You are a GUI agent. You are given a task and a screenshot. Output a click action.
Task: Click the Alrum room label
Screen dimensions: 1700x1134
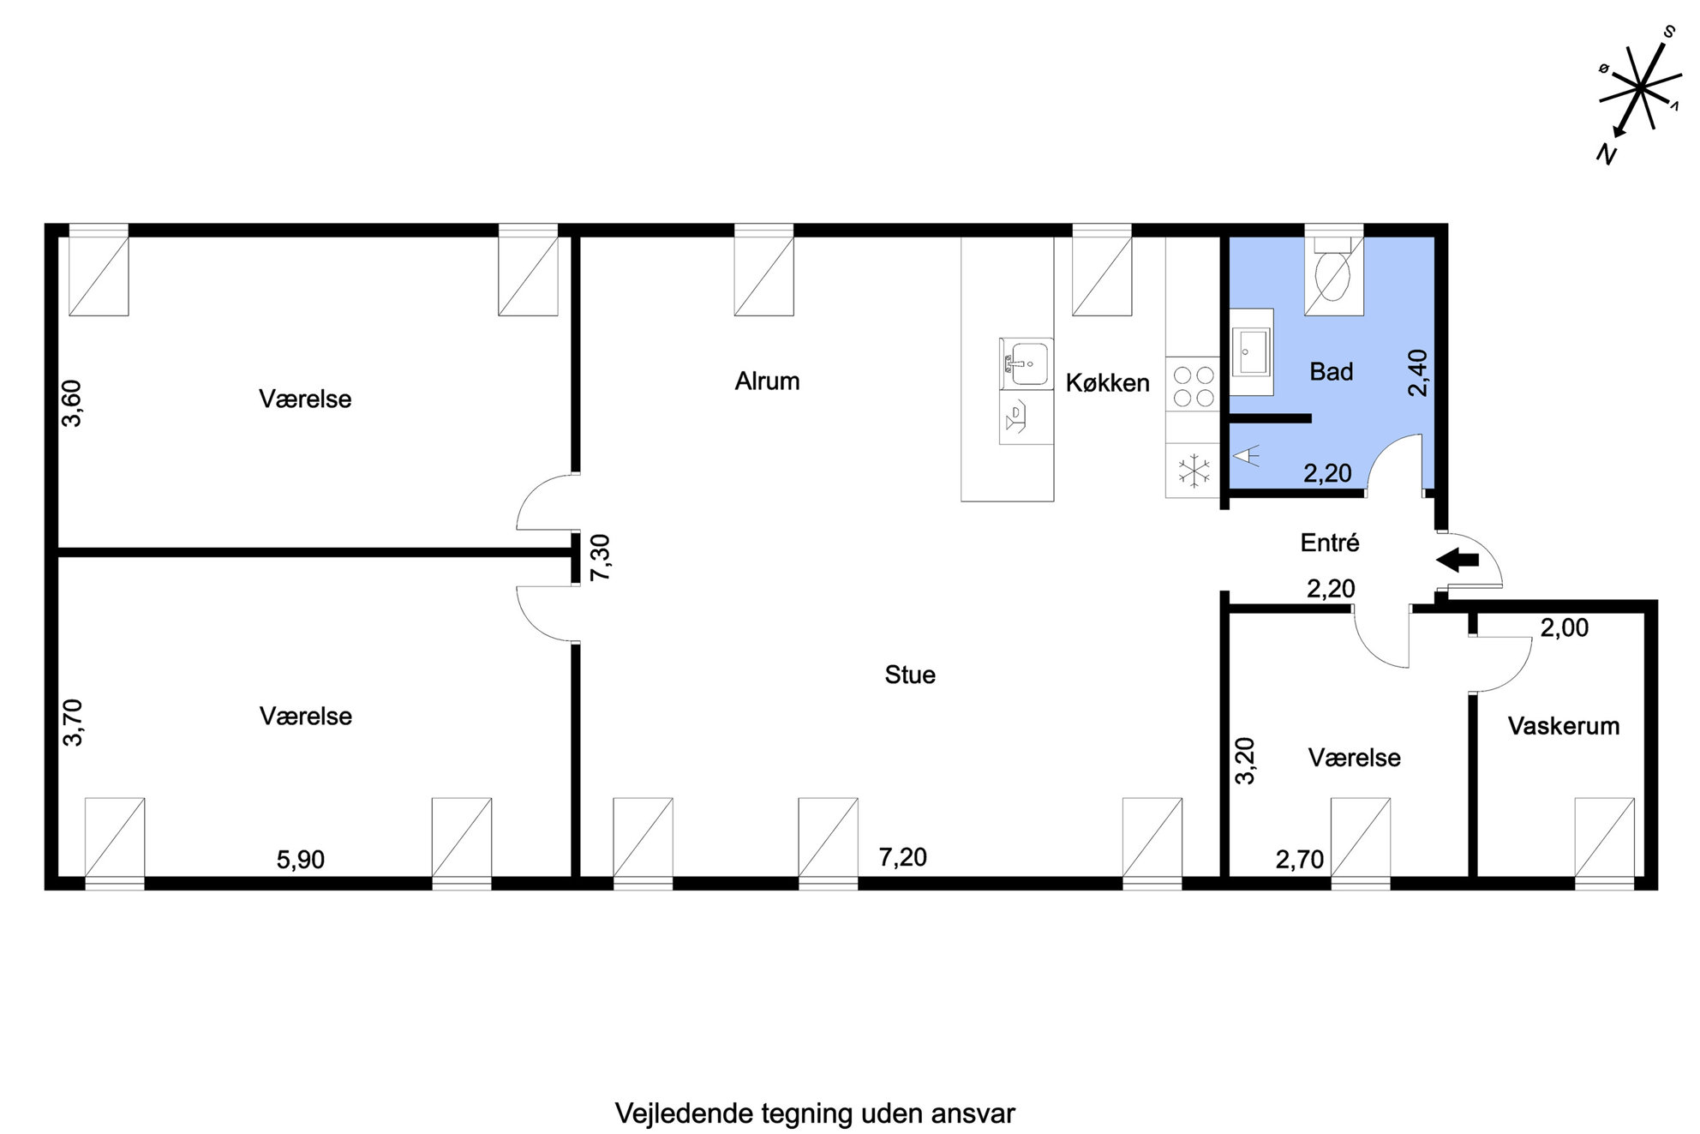point(767,381)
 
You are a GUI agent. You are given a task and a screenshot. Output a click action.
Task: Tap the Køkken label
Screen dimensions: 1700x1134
point(1107,383)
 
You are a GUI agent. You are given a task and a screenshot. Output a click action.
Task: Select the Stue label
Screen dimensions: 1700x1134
point(910,675)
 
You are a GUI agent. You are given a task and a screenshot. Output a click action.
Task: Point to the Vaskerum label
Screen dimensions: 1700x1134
point(1564,727)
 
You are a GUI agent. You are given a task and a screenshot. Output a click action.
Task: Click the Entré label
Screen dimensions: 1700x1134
point(1330,543)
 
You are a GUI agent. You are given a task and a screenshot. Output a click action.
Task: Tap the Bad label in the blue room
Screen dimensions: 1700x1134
point(1332,372)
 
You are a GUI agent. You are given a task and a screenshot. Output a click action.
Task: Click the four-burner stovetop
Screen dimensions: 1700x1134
point(1193,386)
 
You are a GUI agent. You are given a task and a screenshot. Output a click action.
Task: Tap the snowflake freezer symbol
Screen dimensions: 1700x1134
point(1193,471)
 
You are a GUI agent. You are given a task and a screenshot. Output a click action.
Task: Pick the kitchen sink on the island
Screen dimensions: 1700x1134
point(1026,364)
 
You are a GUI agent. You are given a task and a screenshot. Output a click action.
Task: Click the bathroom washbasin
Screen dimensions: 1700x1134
point(1253,352)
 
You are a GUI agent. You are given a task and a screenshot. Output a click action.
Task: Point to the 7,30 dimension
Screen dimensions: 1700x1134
point(601,558)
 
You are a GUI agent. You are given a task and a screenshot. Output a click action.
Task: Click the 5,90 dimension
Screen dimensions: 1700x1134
point(301,859)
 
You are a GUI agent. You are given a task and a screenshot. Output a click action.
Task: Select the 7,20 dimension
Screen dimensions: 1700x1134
point(903,857)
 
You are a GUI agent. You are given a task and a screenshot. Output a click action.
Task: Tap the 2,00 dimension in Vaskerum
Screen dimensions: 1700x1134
point(1565,628)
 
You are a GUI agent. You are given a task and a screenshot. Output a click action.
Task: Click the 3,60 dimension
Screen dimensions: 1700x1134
point(72,403)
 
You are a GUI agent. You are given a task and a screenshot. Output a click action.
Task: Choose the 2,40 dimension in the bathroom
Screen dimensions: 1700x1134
point(1418,373)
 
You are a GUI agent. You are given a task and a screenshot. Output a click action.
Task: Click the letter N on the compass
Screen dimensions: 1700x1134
point(1606,154)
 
